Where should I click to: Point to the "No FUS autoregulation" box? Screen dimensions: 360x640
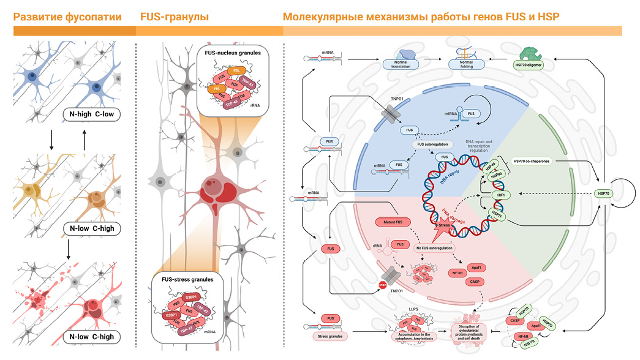point(433,248)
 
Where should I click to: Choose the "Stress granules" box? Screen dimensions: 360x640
point(329,336)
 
